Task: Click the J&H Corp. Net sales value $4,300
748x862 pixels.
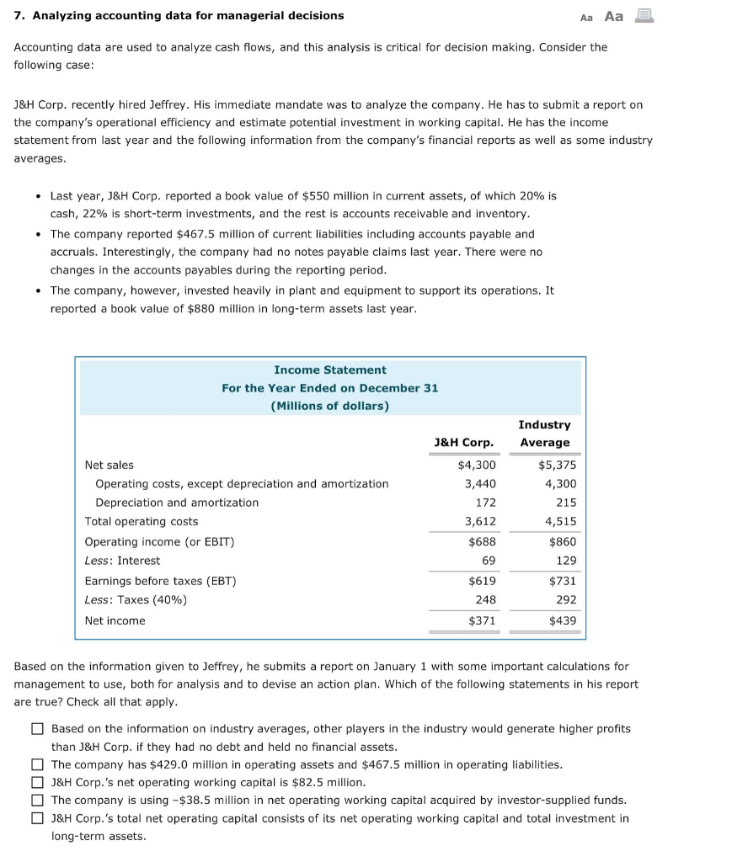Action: pyautogui.click(x=477, y=465)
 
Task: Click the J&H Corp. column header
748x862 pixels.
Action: pyautogui.click(x=463, y=442)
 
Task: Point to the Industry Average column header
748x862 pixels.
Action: pyautogui.click(x=544, y=434)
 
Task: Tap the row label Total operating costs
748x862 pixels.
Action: pyautogui.click(x=142, y=521)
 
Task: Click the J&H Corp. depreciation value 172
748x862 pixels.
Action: pyautogui.click(x=485, y=503)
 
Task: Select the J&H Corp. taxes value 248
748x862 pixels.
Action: pyautogui.click(x=485, y=599)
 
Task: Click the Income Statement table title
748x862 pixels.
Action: pyautogui.click(x=329, y=370)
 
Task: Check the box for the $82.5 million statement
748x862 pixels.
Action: pyautogui.click(x=37, y=783)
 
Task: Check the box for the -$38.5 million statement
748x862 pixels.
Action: pyautogui.click(x=37, y=801)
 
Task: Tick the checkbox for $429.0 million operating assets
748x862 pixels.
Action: pyautogui.click(x=37, y=765)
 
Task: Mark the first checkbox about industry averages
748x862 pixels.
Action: pyautogui.click(x=37, y=729)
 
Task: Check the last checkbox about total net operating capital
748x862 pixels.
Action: pyautogui.click(x=37, y=818)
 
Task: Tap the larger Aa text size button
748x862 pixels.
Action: pyautogui.click(x=614, y=16)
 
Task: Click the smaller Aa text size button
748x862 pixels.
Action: pyautogui.click(x=587, y=17)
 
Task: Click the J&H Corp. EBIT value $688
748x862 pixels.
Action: pyautogui.click(x=482, y=542)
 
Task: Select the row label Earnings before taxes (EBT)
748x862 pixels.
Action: pyautogui.click(x=160, y=581)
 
